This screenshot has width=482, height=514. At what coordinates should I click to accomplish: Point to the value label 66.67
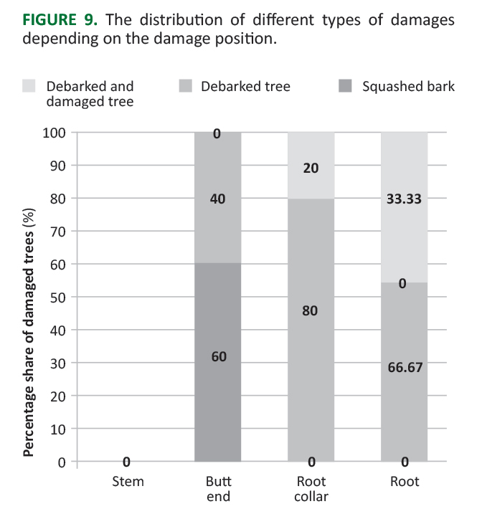tap(404, 368)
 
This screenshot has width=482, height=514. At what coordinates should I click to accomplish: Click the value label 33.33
tap(404, 199)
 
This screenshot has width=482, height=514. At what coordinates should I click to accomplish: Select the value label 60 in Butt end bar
tap(219, 356)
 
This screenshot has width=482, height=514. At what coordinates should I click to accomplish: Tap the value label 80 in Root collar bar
tap(310, 311)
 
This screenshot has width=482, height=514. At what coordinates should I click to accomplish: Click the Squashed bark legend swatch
tap(345, 87)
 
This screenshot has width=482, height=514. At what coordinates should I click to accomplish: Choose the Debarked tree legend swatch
tap(184, 87)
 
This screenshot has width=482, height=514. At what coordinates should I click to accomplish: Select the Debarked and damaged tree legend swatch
tap(29, 87)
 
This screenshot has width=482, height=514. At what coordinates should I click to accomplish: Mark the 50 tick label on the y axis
tap(59, 297)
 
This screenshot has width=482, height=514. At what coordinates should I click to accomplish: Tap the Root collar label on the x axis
tap(311, 488)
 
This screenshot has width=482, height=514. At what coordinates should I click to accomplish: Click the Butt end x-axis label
tap(218, 488)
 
